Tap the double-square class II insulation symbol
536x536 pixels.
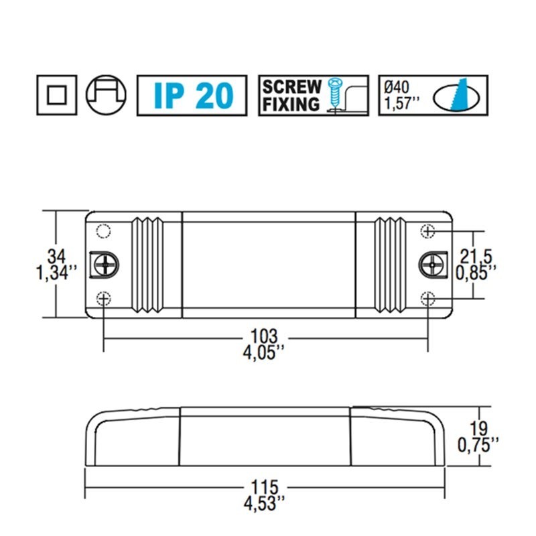[x=57, y=95]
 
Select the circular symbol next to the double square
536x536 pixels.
[x=107, y=95]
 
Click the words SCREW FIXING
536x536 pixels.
[x=291, y=95]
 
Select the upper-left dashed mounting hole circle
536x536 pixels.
[x=103, y=231]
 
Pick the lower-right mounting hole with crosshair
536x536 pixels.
[x=427, y=298]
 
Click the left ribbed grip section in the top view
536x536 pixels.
[x=149, y=264]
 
